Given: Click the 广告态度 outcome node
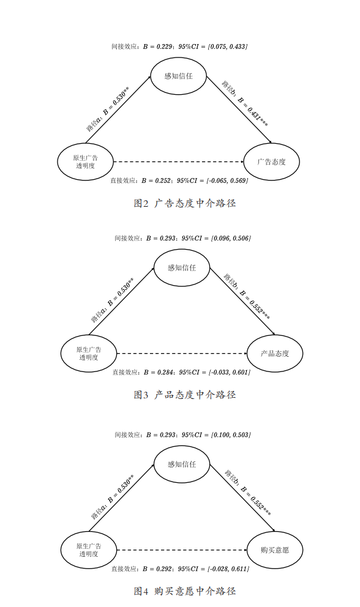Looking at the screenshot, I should click(x=271, y=162).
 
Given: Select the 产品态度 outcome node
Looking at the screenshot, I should click(x=274, y=354).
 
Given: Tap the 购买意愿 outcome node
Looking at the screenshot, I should click(x=274, y=550).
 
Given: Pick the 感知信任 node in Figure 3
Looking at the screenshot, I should click(x=181, y=267).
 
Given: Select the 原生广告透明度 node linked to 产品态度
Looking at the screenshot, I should click(x=88, y=354).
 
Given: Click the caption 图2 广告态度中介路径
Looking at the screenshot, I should click(x=184, y=203).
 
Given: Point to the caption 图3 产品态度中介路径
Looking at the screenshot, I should click(x=184, y=395).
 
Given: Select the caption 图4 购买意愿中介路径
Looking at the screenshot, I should click(x=184, y=591).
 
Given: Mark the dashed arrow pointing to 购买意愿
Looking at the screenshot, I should click(x=181, y=550).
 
